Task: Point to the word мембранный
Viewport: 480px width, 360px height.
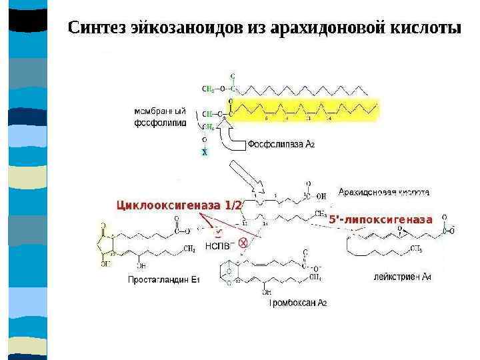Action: [159, 111]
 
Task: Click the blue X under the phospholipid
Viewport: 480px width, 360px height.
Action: [205, 152]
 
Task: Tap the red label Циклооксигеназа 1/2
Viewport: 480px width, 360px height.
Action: [179, 205]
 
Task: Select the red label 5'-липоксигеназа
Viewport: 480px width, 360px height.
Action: [381, 219]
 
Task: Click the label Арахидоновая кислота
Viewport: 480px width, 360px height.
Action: [383, 193]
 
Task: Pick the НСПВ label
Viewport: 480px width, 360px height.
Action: [217, 245]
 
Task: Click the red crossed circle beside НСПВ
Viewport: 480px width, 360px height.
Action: [243, 243]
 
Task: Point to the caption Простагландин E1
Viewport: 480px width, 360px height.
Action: [163, 280]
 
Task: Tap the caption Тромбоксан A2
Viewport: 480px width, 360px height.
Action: [297, 303]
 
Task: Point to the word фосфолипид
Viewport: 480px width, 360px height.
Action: [160, 123]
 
